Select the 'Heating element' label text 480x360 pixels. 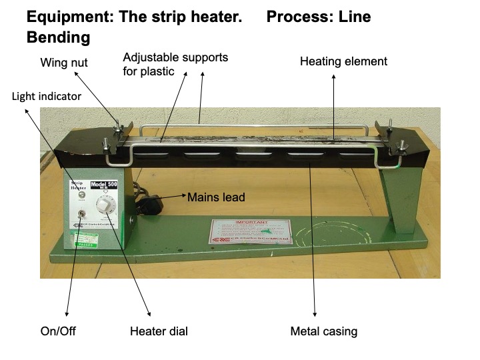(x=343, y=62)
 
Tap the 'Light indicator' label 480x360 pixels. (x=46, y=97)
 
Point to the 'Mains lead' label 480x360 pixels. (x=216, y=197)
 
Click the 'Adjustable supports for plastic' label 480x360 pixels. (x=175, y=63)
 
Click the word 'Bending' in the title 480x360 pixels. (x=58, y=37)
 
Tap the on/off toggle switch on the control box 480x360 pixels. (x=79, y=215)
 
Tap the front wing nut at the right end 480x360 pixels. (x=402, y=145)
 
